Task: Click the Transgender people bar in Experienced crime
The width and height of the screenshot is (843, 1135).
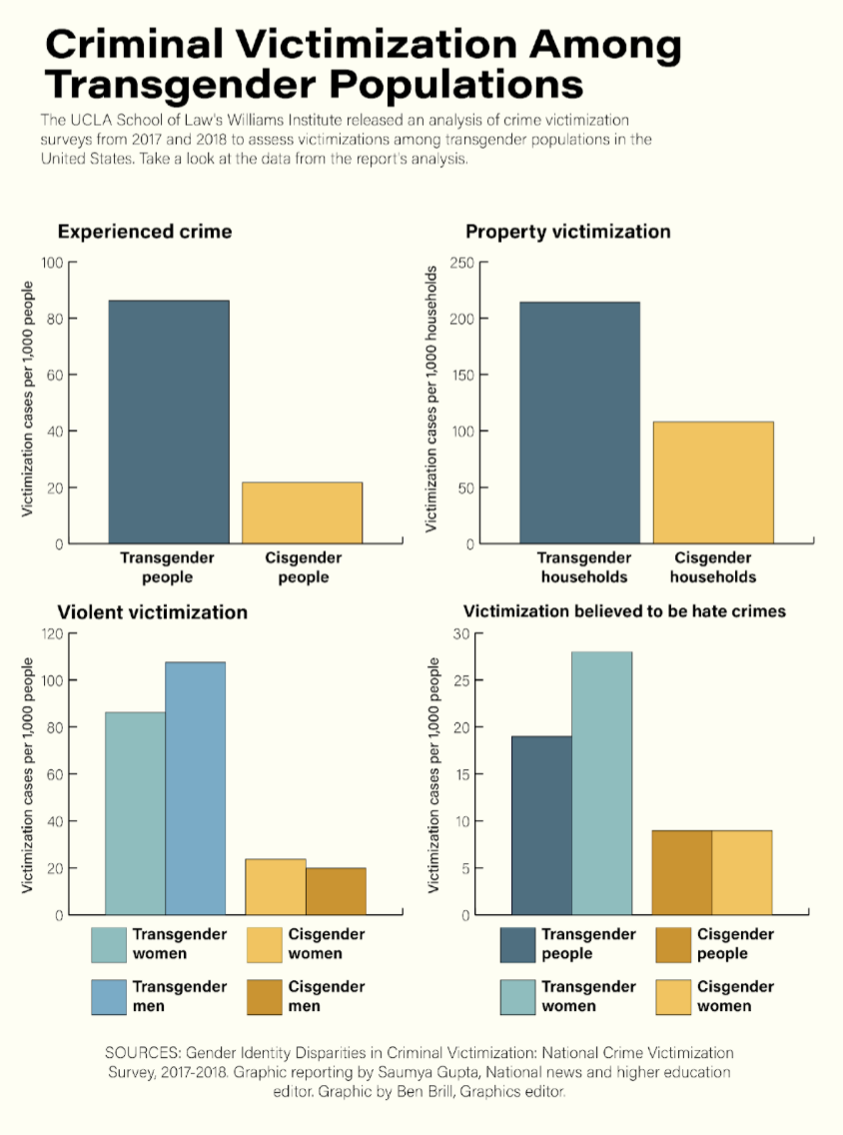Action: (x=169, y=422)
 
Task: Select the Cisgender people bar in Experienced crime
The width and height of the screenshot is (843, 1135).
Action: (x=302, y=513)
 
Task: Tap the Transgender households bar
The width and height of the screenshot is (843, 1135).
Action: (x=579, y=423)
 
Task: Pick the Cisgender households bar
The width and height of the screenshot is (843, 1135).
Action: (x=713, y=483)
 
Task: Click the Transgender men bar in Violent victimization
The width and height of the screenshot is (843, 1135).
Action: (x=196, y=788)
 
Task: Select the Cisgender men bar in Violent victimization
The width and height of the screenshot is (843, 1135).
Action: (x=336, y=891)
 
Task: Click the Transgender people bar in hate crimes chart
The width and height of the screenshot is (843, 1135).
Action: (x=541, y=825)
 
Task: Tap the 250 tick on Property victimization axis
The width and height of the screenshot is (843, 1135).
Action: (x=460, y=263)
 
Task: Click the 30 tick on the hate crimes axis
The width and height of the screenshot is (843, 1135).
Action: (x=460, y=633)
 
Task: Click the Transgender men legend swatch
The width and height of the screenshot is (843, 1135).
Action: (x=109, y=996)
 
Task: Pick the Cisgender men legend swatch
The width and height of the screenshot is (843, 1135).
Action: (x=265, y=996)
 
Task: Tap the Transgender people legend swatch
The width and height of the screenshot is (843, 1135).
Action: (x=518, y=944)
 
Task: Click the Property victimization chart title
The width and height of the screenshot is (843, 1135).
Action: (x=567, y=232)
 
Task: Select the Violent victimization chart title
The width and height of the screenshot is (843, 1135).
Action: (x=152, y=612)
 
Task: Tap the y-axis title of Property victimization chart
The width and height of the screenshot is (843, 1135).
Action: (x=432, y=400)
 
